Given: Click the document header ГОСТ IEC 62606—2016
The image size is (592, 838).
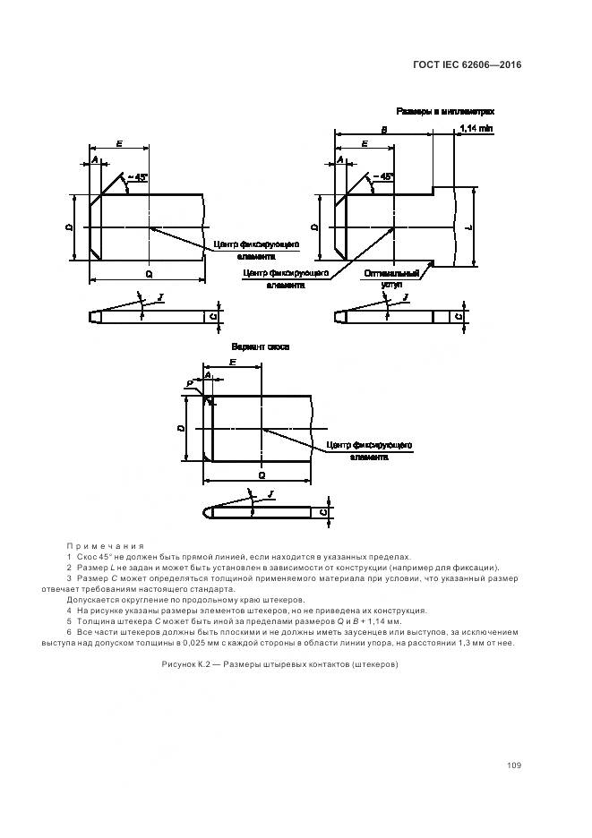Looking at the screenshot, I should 467,64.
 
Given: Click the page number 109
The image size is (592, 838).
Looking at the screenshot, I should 513,765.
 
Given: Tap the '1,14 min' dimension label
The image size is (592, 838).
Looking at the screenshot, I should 476,129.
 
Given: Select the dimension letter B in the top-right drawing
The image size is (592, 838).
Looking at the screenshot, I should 383,129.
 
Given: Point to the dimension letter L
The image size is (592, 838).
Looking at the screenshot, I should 470,227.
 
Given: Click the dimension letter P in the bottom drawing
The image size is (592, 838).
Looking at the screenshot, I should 189,382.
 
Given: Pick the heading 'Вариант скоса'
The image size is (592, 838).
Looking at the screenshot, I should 261,346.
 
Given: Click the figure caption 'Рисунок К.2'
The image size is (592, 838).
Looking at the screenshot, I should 279,664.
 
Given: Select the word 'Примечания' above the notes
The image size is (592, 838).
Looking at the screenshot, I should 105,545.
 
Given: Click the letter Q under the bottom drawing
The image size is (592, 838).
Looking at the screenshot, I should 261,475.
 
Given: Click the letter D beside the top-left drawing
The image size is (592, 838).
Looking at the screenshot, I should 69,228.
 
